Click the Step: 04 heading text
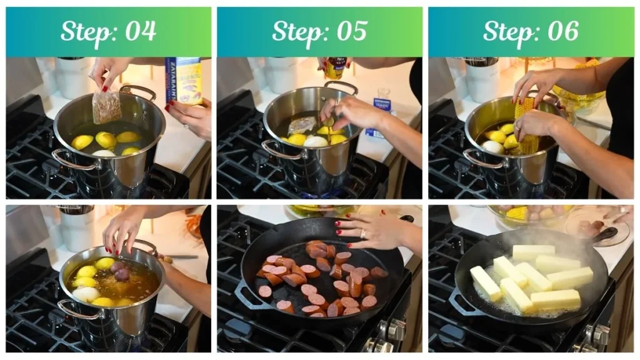(108, 31)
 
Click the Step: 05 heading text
(319, 31)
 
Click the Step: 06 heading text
(531, 31)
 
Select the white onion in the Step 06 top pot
(492, 147)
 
